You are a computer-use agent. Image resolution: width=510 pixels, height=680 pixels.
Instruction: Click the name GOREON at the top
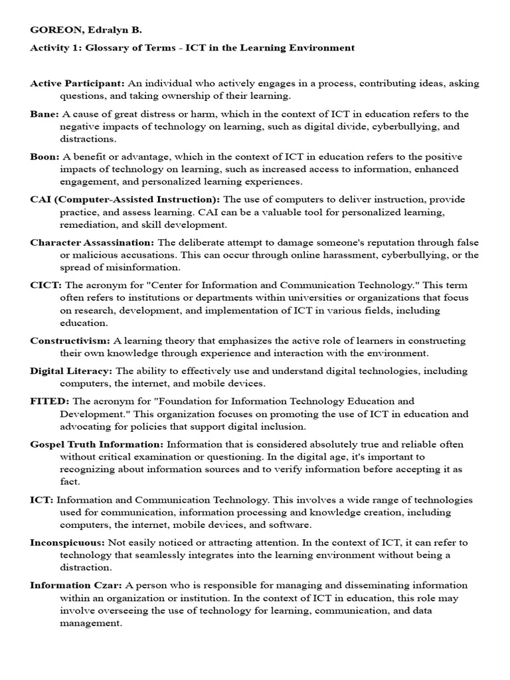tap(55, 30)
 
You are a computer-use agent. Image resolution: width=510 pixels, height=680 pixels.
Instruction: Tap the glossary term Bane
tap(44, 114)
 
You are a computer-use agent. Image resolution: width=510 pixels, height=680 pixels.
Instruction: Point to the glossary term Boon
tap(44, 157)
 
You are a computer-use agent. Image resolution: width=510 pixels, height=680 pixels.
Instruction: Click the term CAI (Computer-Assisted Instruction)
tap(125, 199)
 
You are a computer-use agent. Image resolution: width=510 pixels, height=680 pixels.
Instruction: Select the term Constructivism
tap(70, 341)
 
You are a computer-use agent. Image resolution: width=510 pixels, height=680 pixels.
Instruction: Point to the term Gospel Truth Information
tap(96, 444)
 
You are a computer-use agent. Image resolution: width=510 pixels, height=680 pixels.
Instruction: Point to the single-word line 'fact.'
tap(70, 482)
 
